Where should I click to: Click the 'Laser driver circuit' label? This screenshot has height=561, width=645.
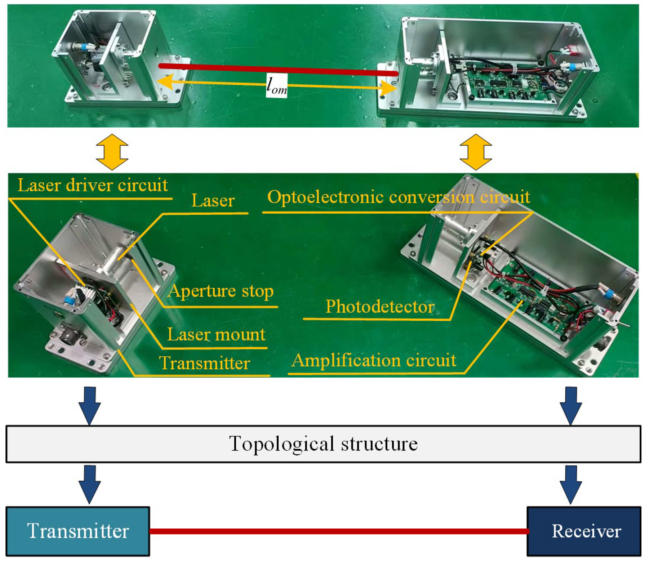[x=93, y=186]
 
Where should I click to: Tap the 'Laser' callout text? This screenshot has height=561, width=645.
[x=213, y=201]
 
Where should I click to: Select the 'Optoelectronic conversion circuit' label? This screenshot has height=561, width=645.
[x=398, y=197]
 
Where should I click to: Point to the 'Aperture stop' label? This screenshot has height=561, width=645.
[x=221, y=291]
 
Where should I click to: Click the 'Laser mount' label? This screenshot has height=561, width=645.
[x=216, y=335]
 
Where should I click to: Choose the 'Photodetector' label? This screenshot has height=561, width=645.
[x=380, y=307]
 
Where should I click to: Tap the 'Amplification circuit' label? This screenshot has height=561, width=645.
[x=374, y=360]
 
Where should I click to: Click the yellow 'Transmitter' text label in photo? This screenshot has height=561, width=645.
[x=204, y=363]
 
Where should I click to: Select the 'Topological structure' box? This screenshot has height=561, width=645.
[x=323, y=444]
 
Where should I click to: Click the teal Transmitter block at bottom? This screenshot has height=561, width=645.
[x=78, y=531]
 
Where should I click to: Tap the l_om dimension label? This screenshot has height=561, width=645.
[x=277, y=86]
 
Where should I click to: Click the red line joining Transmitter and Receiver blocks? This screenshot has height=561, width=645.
[x=339, y=531]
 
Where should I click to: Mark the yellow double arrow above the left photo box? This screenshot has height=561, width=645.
[x=112, y=152]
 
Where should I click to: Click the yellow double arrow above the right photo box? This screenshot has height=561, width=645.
[x=476, y=152]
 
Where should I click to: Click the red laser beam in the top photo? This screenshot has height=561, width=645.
[x=277, y=69]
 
